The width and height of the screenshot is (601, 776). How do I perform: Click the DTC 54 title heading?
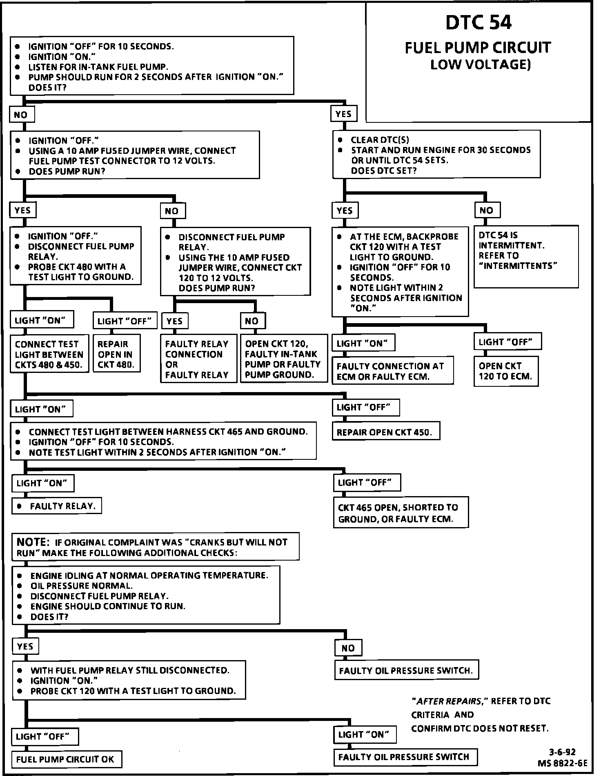click(x=478, y=23)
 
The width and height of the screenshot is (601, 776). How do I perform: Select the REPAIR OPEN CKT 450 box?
click(x=386, y=432)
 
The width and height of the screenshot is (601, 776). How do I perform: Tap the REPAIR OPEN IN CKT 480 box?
click(x=116, y=354)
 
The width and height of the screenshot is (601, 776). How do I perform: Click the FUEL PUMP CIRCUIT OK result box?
click(x=66, y=759)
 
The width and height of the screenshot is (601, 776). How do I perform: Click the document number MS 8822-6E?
click(x=562, y=763)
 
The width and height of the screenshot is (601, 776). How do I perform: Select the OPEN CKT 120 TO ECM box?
click(x=505, y=371)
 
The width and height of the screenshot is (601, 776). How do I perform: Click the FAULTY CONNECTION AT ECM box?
click(x=392, y=371)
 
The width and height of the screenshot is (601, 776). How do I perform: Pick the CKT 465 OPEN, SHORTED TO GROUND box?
click(x=401, y=513)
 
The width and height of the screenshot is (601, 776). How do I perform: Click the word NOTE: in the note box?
click(x=33, y=542)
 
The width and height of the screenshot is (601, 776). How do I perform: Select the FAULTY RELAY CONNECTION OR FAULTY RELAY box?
click(x=198, y=359)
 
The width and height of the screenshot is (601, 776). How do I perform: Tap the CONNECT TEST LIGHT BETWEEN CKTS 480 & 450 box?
click(x=49, y=354)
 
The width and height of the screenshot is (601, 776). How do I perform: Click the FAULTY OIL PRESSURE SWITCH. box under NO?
click(x=406, y=670)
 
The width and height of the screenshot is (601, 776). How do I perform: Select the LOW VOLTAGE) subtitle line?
click(x=480, y=64)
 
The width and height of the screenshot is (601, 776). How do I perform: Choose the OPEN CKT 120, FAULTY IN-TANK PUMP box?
click(x=283, y=359)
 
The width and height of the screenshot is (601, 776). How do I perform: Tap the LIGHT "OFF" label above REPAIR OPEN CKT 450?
click(x=365, y=407)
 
